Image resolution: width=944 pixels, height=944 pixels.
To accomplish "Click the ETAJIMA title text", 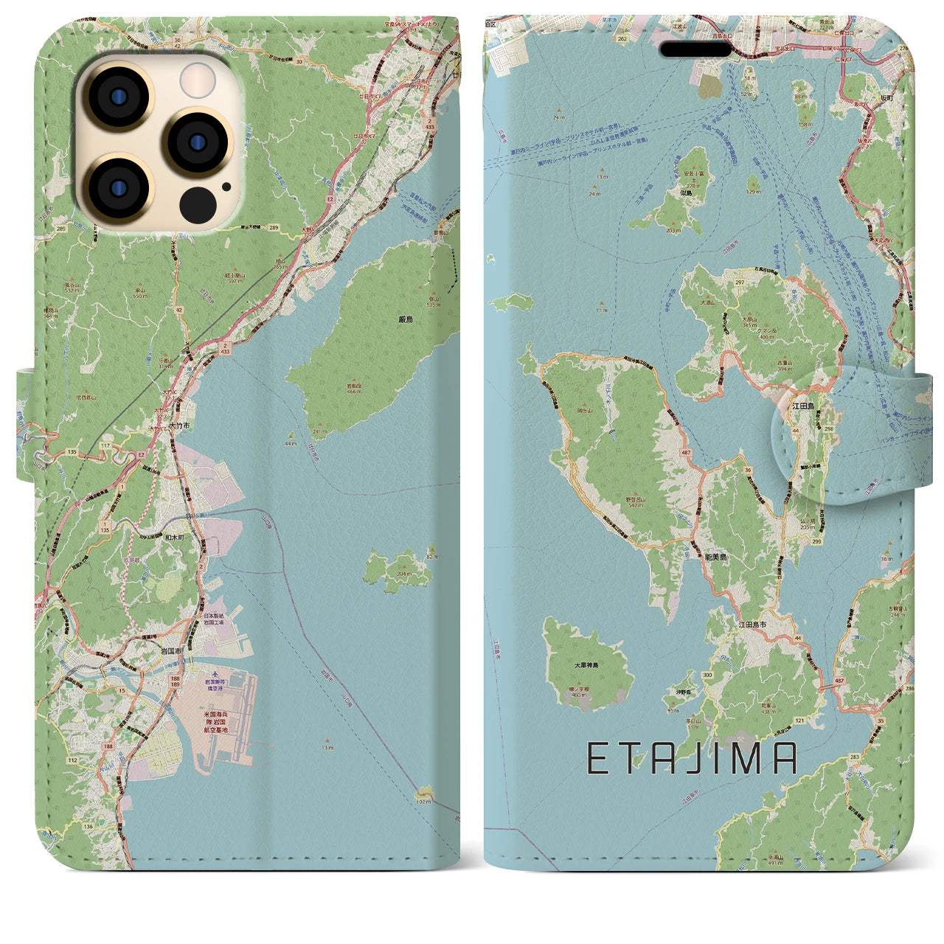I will [691, 759].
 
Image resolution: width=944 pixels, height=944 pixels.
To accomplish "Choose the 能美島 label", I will [713, 558].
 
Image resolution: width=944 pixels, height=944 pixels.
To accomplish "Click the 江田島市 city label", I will [752, 625].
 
